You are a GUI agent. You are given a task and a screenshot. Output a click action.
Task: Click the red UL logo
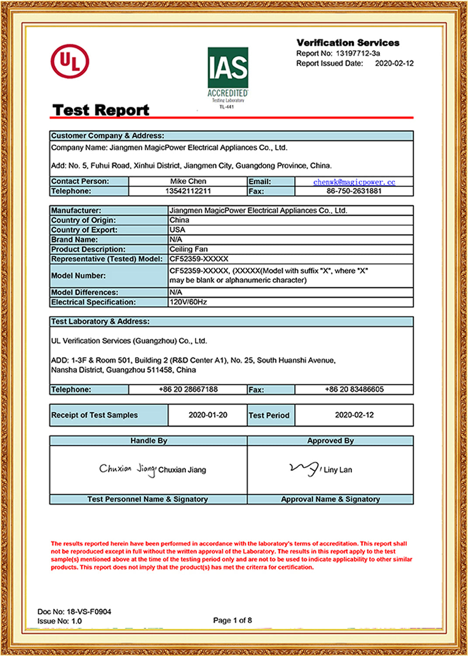point(70,61)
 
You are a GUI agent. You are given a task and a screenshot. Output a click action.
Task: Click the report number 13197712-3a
point(357,53)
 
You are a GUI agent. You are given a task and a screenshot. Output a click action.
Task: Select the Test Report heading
point(101,110)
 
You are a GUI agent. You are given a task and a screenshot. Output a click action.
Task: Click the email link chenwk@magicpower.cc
point(354,182)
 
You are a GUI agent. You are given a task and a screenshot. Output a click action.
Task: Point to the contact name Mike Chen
point(188,181)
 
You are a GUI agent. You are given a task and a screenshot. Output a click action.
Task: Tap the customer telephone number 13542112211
point(188,191)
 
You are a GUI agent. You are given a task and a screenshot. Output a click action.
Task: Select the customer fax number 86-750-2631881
point(354,191)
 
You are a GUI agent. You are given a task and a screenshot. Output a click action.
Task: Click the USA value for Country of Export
point(177,230)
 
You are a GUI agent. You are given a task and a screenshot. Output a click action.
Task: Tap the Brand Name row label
point(75,240)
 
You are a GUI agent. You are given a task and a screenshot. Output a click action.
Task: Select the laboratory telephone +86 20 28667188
point(188,389)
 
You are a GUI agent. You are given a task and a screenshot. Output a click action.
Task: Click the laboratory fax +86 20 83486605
point(354,389)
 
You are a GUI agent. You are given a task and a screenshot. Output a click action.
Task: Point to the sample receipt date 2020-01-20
point(208,415)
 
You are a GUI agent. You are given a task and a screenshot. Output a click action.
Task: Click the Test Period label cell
point(269,415)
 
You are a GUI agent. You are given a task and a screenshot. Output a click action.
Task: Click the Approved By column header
point(330,441)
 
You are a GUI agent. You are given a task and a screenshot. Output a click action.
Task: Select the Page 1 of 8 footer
point(232,620)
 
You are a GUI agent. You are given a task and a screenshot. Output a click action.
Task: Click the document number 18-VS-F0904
point(89,611)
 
